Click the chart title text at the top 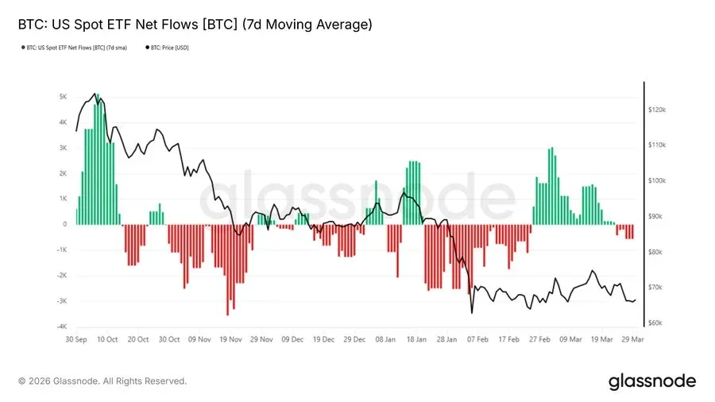point(195,25)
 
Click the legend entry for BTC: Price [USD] point(168,48)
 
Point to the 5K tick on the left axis point(63,97)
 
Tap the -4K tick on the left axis point(62,327)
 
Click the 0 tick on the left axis point(65,225)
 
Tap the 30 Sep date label point(76,339)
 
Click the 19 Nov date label point(230,339)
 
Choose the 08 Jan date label point(385,339)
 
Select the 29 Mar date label point(633,339)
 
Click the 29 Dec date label point(354,339)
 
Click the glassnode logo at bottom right point(651,381)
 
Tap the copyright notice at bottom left point(102,381)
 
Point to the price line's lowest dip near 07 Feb point(471,312)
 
